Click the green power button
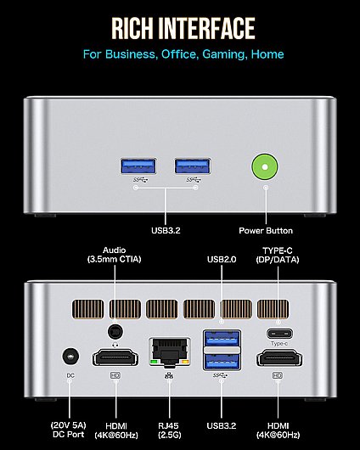coord(265,166)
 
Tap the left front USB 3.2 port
coord(138,166)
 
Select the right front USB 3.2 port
coord(193,166)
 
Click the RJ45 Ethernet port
coord(170,352)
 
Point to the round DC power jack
coord(70,357)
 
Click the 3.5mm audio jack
coord(115,332)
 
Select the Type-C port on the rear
coord(280,334)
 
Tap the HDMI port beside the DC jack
coord(115,357)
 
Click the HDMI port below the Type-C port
coord(279,357)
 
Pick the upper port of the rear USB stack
coord(222,339)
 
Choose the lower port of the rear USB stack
coord(222,362)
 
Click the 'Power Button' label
coord(266,231)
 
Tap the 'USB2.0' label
coord(222,260)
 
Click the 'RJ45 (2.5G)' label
coord(170,430)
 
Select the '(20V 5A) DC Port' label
coord(68,430)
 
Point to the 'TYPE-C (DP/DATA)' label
coord(278,255)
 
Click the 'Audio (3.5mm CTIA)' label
coord(115,255)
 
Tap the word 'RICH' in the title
coord(132,28)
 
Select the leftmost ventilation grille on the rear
coord(87,309)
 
